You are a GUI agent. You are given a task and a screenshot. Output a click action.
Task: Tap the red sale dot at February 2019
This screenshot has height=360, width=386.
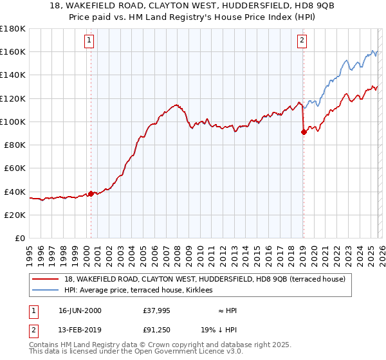click(x=304, y=132)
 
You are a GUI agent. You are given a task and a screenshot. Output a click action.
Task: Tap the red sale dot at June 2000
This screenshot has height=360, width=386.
click(x=91, y=194)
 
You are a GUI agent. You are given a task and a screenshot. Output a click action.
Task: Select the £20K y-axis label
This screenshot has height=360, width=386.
click(x=14, y=215)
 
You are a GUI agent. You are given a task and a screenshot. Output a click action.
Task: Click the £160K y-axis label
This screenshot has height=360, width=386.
click(x=12, y=51)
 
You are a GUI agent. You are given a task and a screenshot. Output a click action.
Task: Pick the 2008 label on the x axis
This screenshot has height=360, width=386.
click(x=177, y=250)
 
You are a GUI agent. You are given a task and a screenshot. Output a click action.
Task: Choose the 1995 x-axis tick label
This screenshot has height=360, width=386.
click(x=29, y=250)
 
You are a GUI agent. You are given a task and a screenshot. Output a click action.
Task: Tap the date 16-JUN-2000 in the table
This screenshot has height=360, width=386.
click(x=80, y=310)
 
